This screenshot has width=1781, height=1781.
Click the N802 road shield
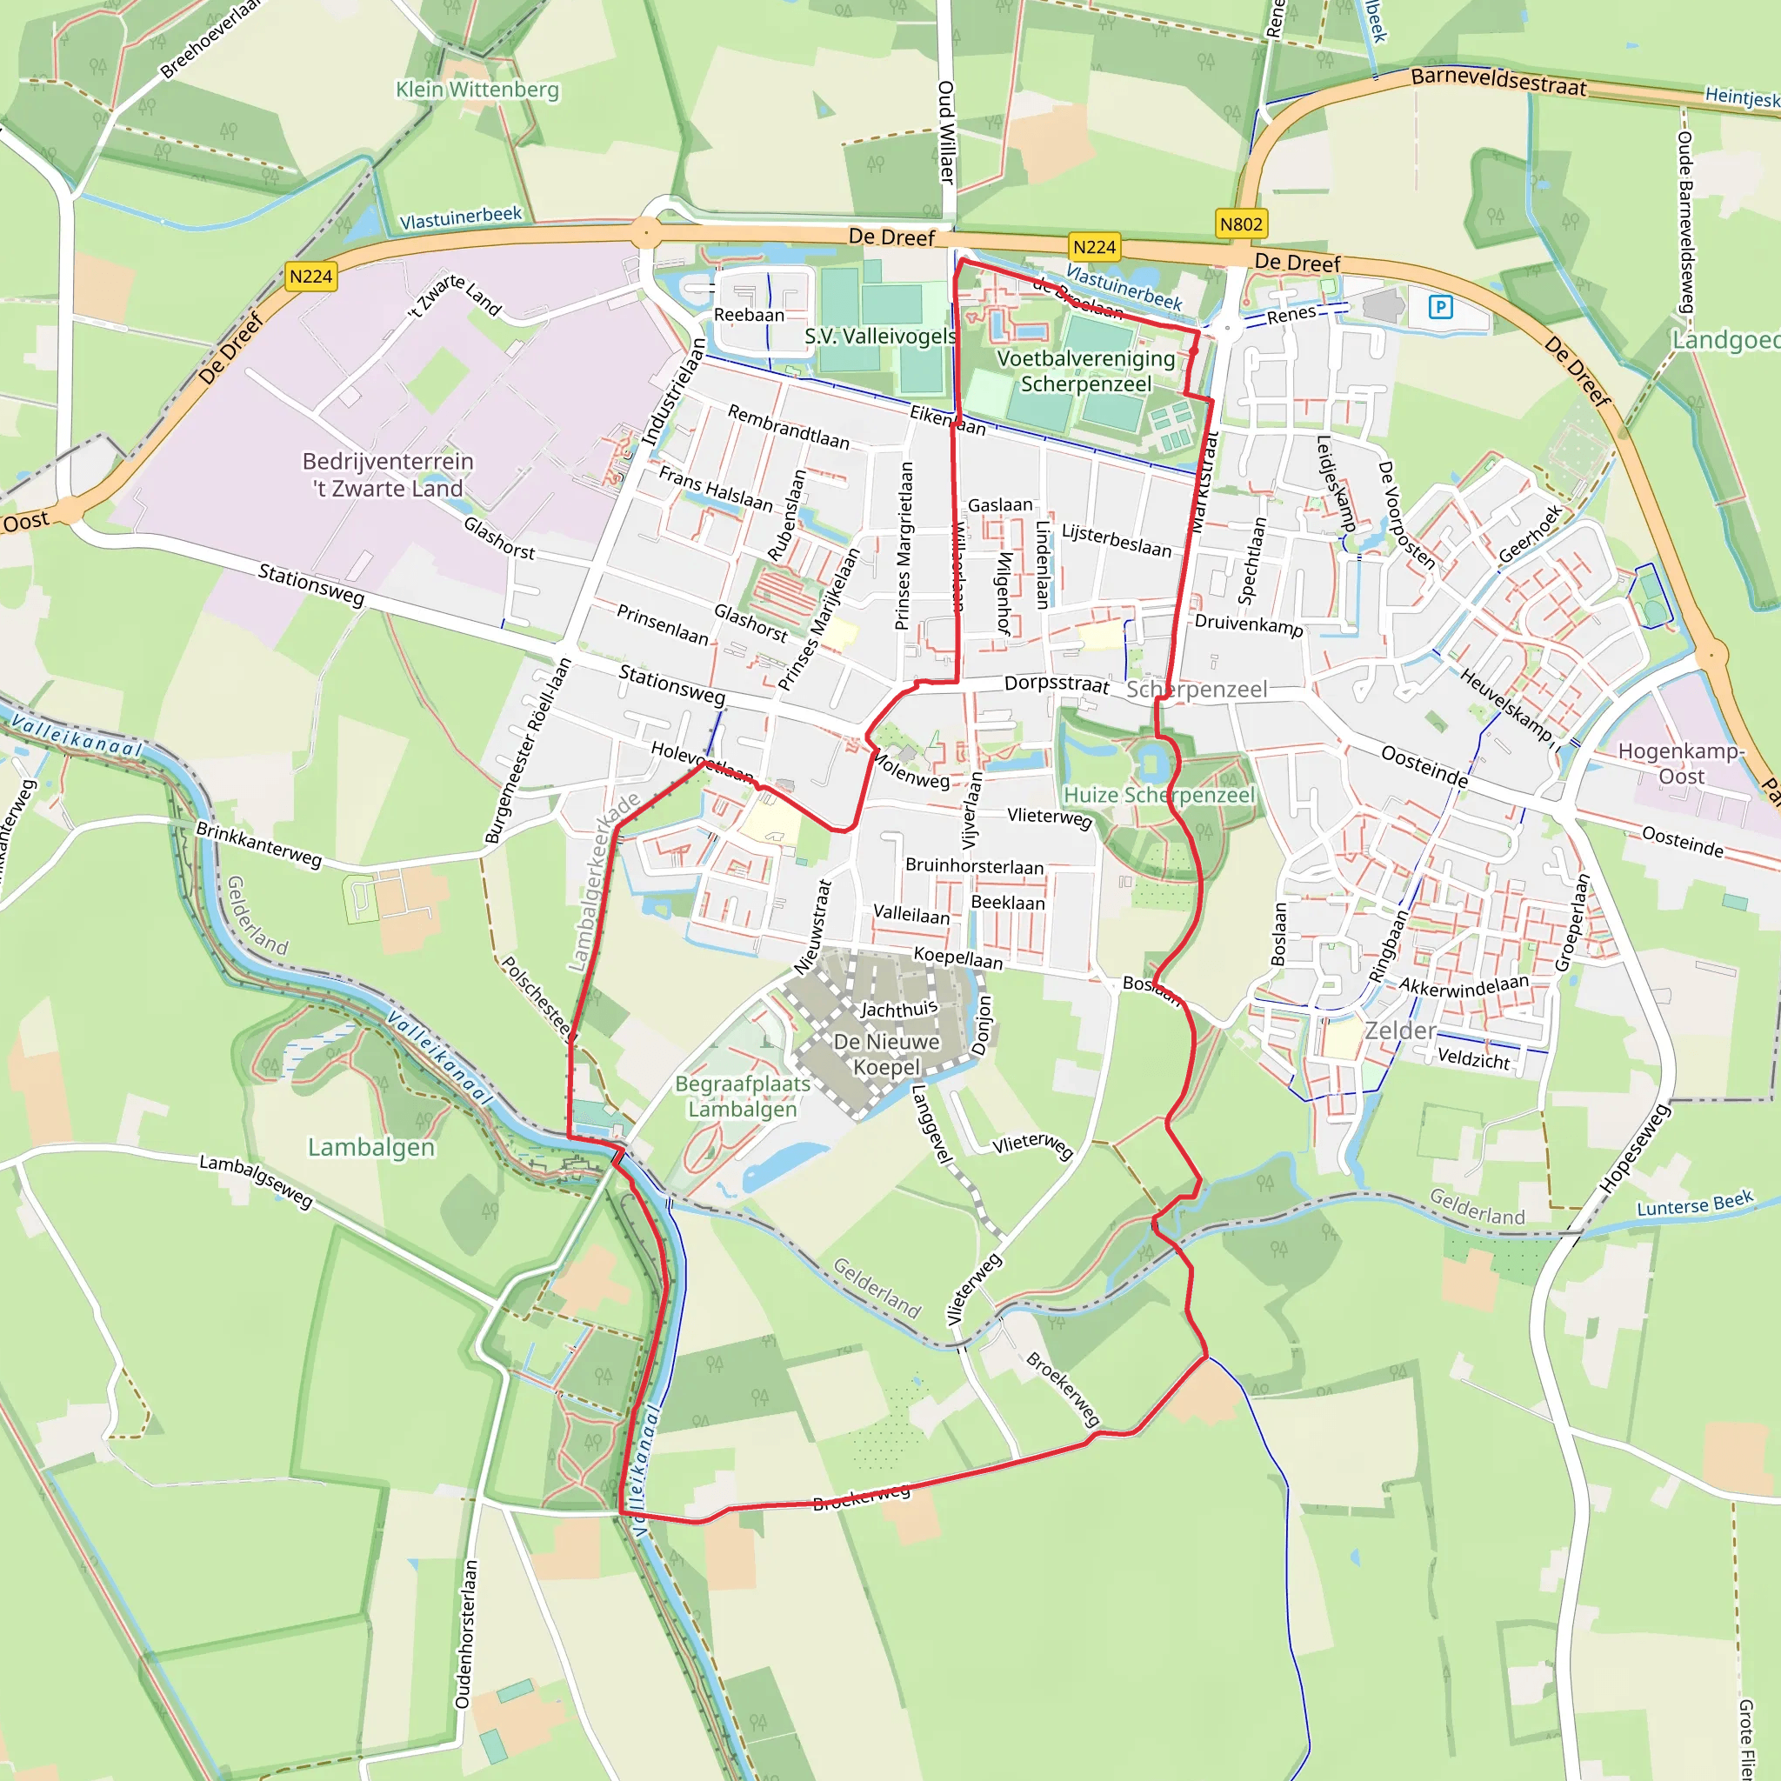tap(1241, 224)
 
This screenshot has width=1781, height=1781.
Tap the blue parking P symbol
tap(1440, 307)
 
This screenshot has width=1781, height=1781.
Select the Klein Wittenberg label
tap(477, 90)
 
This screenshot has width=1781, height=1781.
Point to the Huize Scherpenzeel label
tap(1158, 795)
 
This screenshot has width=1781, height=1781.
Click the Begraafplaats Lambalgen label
tap(742, 1096)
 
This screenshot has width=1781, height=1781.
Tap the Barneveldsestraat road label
tap(1498, 82)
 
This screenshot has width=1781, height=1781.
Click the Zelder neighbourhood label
tap(1399, 1031)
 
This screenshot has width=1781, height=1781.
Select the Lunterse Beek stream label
tap(1694, 1204)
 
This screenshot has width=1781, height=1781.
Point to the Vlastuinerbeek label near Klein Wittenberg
tap(460, 217)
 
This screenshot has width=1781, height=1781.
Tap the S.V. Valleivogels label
tap(879, 337)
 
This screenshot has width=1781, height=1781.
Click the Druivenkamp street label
tap(1248, 625)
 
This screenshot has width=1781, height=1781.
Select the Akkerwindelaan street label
tap(1464, 984)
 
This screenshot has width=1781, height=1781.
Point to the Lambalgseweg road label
tap(257, 1181)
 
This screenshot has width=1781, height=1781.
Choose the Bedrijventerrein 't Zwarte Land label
tap(388, 475)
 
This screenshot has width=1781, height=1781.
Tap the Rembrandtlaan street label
tap(788, 426)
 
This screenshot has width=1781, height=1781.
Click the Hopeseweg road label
tap(1633, 1149)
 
